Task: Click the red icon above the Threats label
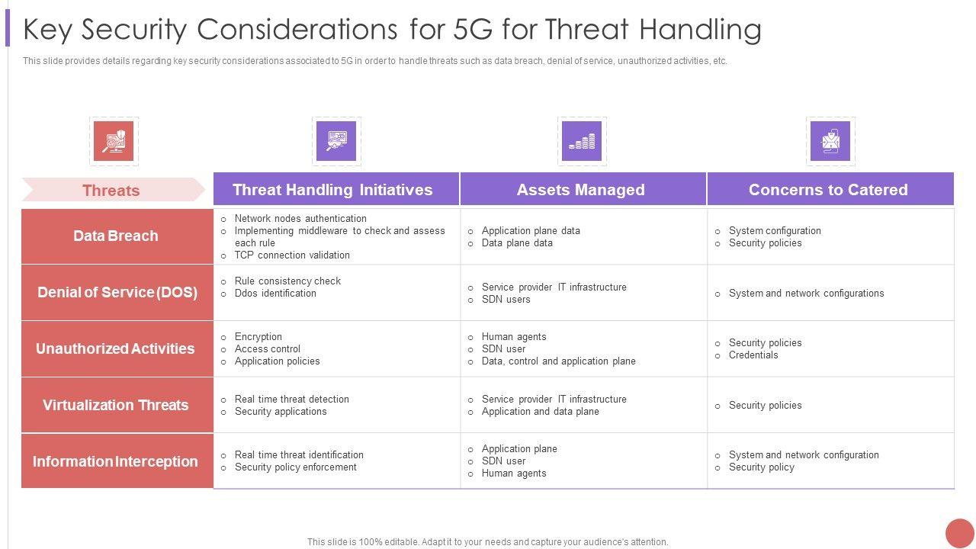pos(114,141)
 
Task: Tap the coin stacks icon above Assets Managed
pos(582,141)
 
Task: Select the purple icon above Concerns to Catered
pos(830,141)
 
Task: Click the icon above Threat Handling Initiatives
pos(336,141)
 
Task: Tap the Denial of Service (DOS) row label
pos(117,292)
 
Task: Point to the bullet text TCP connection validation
pos(292,255)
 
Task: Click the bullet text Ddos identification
pos(275,294)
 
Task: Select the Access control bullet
pos(268,349)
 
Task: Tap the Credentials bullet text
pos(753,355)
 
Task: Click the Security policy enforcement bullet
pos(295,467)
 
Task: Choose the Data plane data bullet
pos(517,243)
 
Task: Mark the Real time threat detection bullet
pos(291,399)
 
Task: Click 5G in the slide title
pos(474,29)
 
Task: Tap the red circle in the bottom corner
pos(960,533)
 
